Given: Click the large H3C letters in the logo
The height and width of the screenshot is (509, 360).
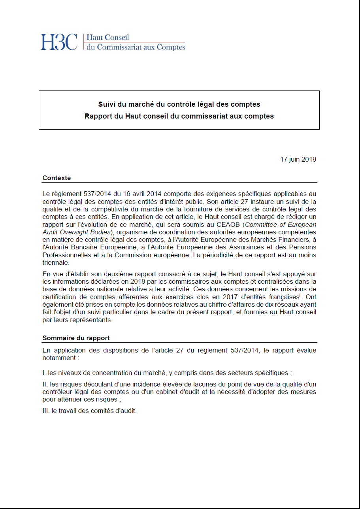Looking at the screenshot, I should (59, 42).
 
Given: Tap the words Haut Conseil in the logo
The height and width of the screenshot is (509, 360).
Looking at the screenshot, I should (107, 38).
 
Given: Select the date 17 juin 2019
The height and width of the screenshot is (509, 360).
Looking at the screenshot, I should (298, 160).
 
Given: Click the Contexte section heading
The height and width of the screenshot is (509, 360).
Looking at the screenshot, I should (57, 178).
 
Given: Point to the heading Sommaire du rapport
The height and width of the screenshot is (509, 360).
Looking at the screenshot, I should (76, 338).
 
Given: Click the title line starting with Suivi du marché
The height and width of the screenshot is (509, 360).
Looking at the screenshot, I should (179, 104).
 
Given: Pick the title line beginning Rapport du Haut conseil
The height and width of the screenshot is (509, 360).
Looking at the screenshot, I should (179, 116).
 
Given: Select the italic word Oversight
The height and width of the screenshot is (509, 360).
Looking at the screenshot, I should (78, 232).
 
